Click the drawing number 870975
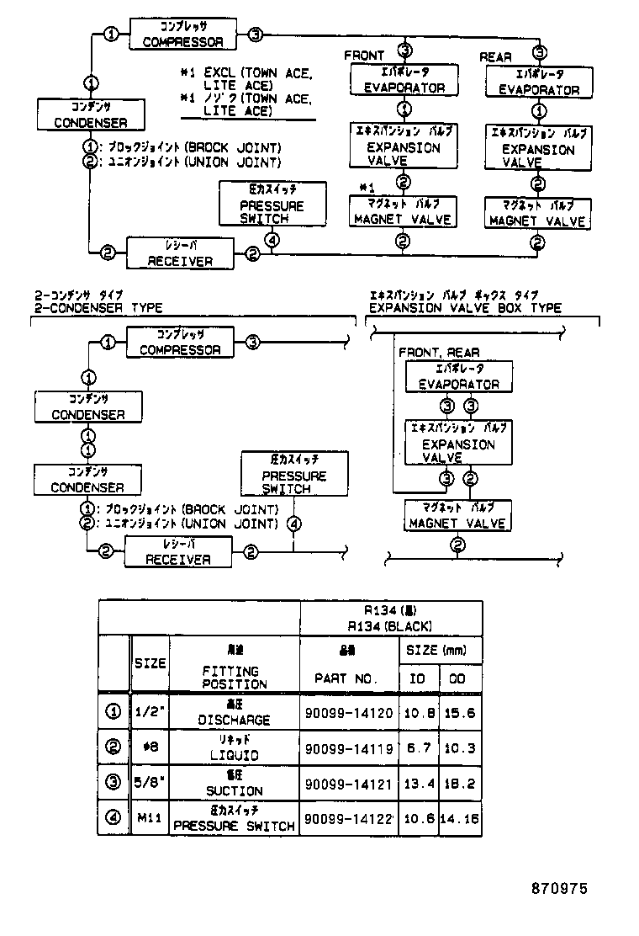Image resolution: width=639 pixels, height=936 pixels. click(x=558, y=888)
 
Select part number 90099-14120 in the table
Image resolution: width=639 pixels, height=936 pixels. click(x=348, y=713)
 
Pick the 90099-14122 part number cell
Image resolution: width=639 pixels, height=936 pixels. click(x=348, y=819)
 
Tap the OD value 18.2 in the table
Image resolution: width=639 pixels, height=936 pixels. click(x=462, y=784)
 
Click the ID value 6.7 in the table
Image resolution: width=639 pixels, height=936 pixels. click(x=417, y=748)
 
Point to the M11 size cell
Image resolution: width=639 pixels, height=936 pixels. click(x=151, y=819)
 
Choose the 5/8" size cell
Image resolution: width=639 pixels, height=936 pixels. click(x=151, y=784)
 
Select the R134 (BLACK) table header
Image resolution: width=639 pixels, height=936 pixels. click(x=391, y=625)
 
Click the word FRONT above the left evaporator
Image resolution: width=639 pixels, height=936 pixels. click(x=365, y=56)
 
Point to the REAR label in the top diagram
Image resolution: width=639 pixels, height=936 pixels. click(x=496, y=57)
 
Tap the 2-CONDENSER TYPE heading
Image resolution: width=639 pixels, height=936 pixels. click(x=98, y=308)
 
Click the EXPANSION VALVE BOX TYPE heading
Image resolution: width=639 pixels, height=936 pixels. click(x=465, y=308)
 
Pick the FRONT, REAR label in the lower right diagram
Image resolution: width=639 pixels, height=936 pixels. click(x=439, y=353)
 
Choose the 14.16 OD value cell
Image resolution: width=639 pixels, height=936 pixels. click(x=462, y=819)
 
